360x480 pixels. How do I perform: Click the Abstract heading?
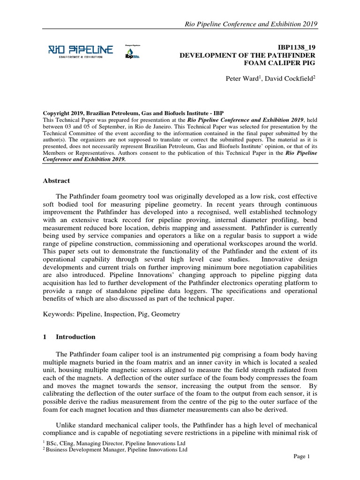[x=57, y=180]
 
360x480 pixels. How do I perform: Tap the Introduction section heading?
[x=75, y=337]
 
